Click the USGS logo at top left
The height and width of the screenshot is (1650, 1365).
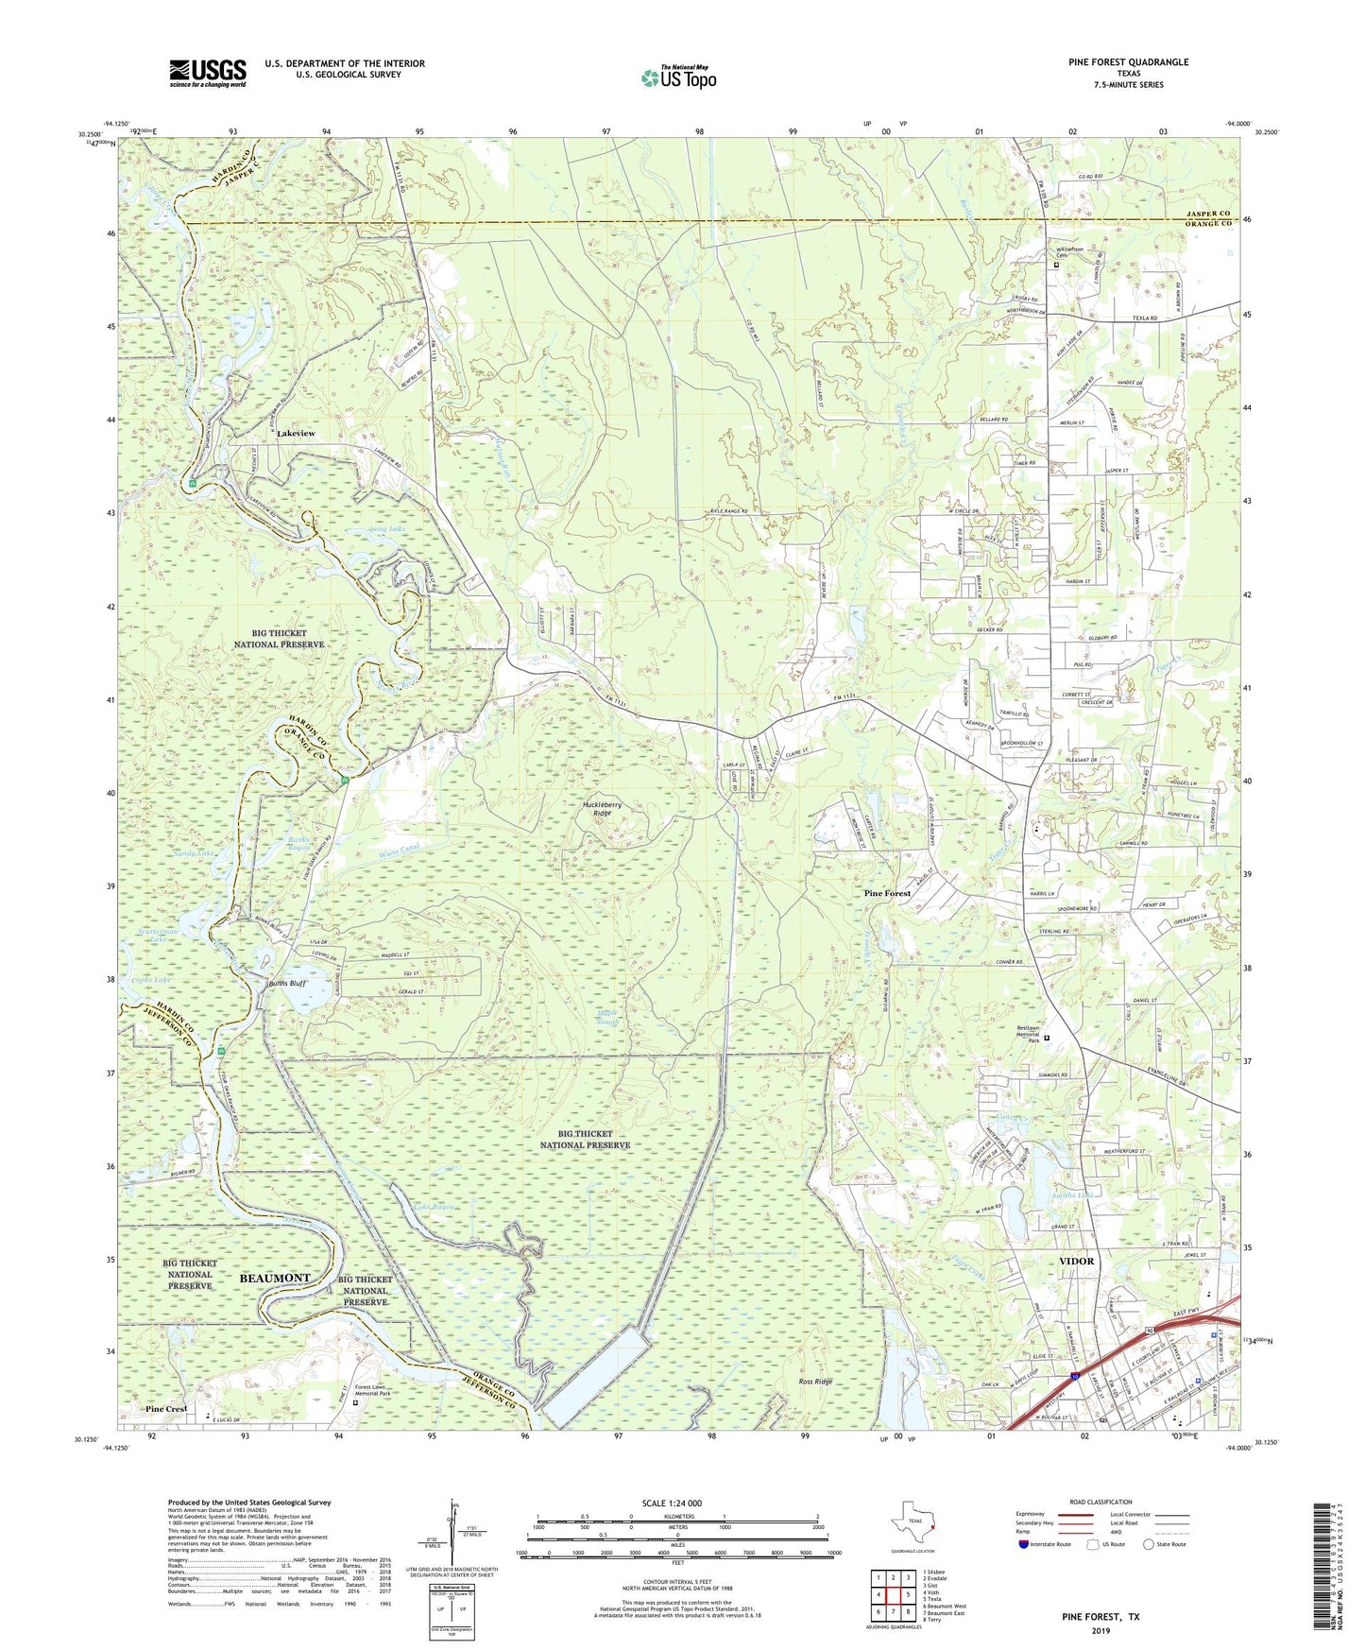coord(208,72)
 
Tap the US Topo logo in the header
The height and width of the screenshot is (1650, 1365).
coord(677,77)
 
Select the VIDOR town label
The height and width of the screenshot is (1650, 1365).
coord(1076,1262)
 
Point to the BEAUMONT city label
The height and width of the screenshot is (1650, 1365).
coord(274,1278)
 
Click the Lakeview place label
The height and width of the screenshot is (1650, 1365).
coord(296,434)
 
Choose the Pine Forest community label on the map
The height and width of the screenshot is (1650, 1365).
coord(888,893)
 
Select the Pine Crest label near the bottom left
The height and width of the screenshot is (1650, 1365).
coord(166,1409)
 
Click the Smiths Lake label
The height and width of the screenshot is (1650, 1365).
coord(1072,1196)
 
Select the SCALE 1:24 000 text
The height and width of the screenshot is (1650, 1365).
coord(676,1504)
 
